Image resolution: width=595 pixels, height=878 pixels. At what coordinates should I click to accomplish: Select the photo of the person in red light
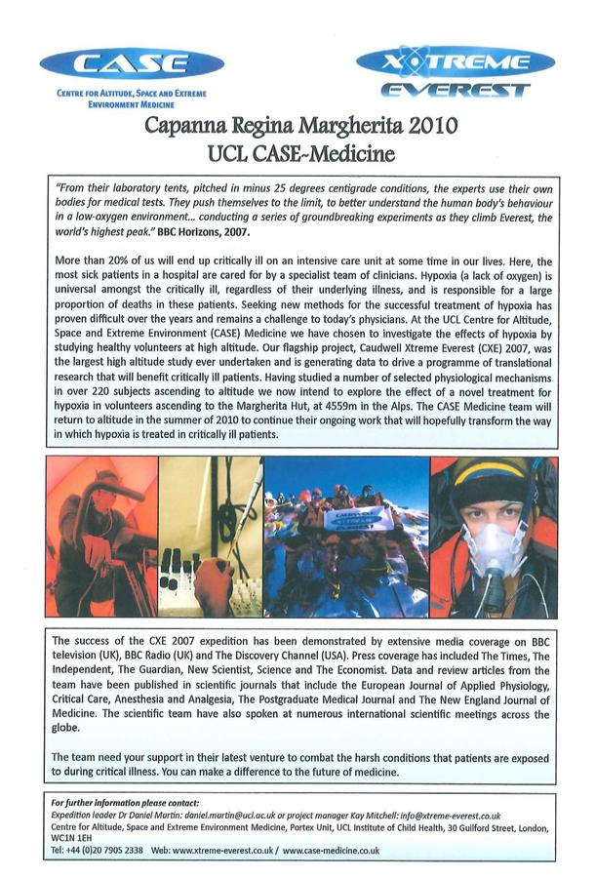click(x=100, y=537)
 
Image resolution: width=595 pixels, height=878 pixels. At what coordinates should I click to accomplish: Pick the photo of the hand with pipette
click(x=210, y=537)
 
